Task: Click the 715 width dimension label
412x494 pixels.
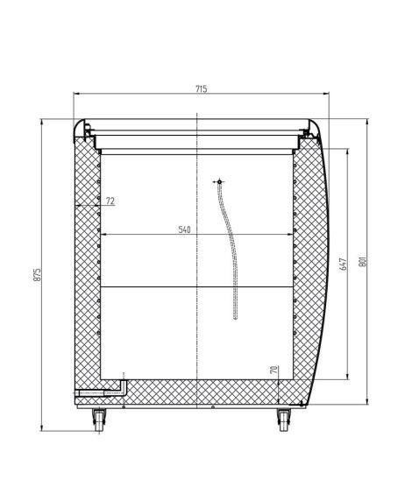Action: [202, 89]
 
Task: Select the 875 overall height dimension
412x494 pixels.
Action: [37, 275]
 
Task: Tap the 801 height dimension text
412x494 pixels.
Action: [363, 260]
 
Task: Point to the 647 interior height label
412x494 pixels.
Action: [344, 265]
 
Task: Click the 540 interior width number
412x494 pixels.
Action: [184, 229]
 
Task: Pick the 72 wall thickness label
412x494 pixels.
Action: [110, 201]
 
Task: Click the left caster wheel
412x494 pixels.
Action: [99, 420]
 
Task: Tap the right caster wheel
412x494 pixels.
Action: [284, 420]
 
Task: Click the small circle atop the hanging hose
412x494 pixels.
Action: [219, 182]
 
